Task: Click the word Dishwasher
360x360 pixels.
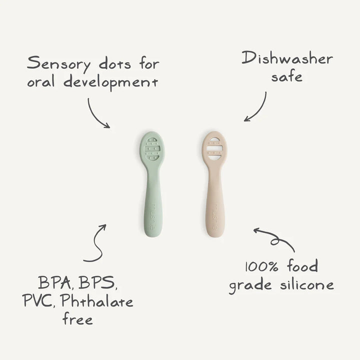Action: coord(287,58)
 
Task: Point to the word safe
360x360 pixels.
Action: coord(286,77)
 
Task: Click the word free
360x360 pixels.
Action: coord(77,319)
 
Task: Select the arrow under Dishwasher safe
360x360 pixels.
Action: coord(256,107)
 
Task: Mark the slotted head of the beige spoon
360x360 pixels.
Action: coord(215,148)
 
